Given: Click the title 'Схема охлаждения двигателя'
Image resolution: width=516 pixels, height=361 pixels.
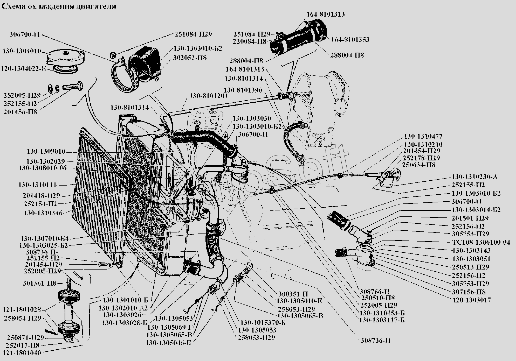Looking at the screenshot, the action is [x=59, y=6].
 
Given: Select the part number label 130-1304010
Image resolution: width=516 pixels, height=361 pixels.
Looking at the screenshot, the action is [x=22, y=51].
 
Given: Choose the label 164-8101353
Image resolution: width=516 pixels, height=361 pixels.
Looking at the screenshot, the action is [x=350, y=40].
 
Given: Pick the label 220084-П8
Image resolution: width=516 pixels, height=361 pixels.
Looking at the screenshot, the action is [x=250, y=41].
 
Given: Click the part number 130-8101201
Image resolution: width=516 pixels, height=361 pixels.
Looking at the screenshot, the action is [x=208, y=96].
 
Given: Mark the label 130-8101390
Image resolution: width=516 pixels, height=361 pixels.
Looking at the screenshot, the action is [x=243, y=90].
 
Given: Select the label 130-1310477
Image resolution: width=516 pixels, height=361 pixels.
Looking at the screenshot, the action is [x=423, y=136].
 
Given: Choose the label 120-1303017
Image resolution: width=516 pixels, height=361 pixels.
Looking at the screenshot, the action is [x=471, y=300].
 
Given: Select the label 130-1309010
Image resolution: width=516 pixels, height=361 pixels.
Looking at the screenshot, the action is [x=46, y=151].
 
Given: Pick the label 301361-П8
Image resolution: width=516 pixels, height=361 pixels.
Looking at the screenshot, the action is [x=39, y=283].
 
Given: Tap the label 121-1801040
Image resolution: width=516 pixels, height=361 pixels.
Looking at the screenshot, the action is [x=22, y=352].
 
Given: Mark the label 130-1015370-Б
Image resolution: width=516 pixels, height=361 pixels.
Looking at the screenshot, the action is [x=263, y=323].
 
